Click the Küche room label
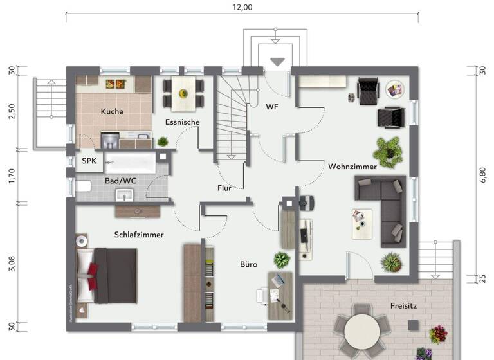pyautogui.click(x=112, y=111)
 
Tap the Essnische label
pyautogui.click(x=183, y=122)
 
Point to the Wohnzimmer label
pyautogui.click(x=352, y=166)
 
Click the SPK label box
pyautogui.click(x=89, y=161)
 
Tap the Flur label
pyautogui.click(x=224, y=188)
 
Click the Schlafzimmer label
pyautogui.click(x=139, y=235)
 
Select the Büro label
pyautogui.click(x=249, y=264)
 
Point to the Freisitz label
pyautogui.click(x=403, y=306)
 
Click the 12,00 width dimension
pyautogui.click(x=242, y=8)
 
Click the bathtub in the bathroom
pyautogui.click(x=131, y=161)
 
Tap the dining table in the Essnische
pyautogui.click(x=183, y=93)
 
